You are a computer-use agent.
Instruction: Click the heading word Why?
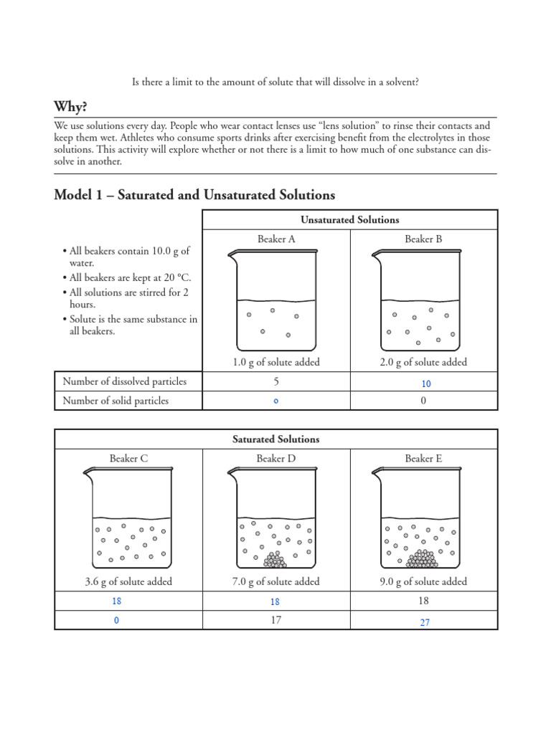[x=71, y=107]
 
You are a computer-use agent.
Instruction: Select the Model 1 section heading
[x=194, y=194]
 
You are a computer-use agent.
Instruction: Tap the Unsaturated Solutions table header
[x=350, y=220]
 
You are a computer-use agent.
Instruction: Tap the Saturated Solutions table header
[x=276, y=439]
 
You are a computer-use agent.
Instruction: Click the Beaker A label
[x=276, y=239]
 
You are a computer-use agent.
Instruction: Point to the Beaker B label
[x=423, y=239]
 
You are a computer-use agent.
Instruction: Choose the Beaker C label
[x=128, y=459]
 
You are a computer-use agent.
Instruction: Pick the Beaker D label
[x=276, y=459]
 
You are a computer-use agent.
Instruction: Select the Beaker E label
[x=423, y=459]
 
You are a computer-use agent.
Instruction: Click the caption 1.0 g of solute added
[x=276, y=363]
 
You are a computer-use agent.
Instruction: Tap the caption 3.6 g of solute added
[x=128, y=581]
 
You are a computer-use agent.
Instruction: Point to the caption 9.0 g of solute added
[x=423, y=581]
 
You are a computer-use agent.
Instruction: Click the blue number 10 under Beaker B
[x=426, y=383]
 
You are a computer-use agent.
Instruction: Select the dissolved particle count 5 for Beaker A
[x=276, y=382]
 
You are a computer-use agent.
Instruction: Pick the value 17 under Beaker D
[x=276, y=620]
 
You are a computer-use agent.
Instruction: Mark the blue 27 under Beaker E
[x=425, y=622]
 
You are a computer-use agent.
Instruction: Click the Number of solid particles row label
[x=116, y=401]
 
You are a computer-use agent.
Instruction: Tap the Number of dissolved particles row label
[x=124, y=382]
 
